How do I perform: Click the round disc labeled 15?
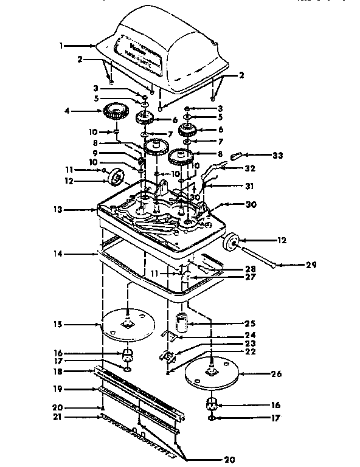128,324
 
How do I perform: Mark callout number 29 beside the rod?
294,265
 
